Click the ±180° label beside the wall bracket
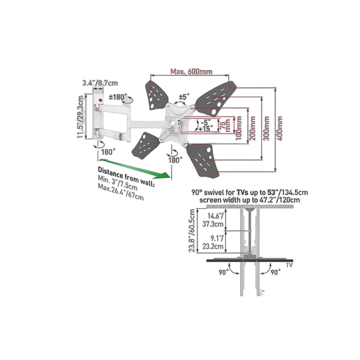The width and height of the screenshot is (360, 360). click(x=118, y=96)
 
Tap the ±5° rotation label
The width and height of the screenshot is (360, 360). click(x=183, y=96)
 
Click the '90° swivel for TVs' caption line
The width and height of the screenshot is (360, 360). click(x=249, y=192)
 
